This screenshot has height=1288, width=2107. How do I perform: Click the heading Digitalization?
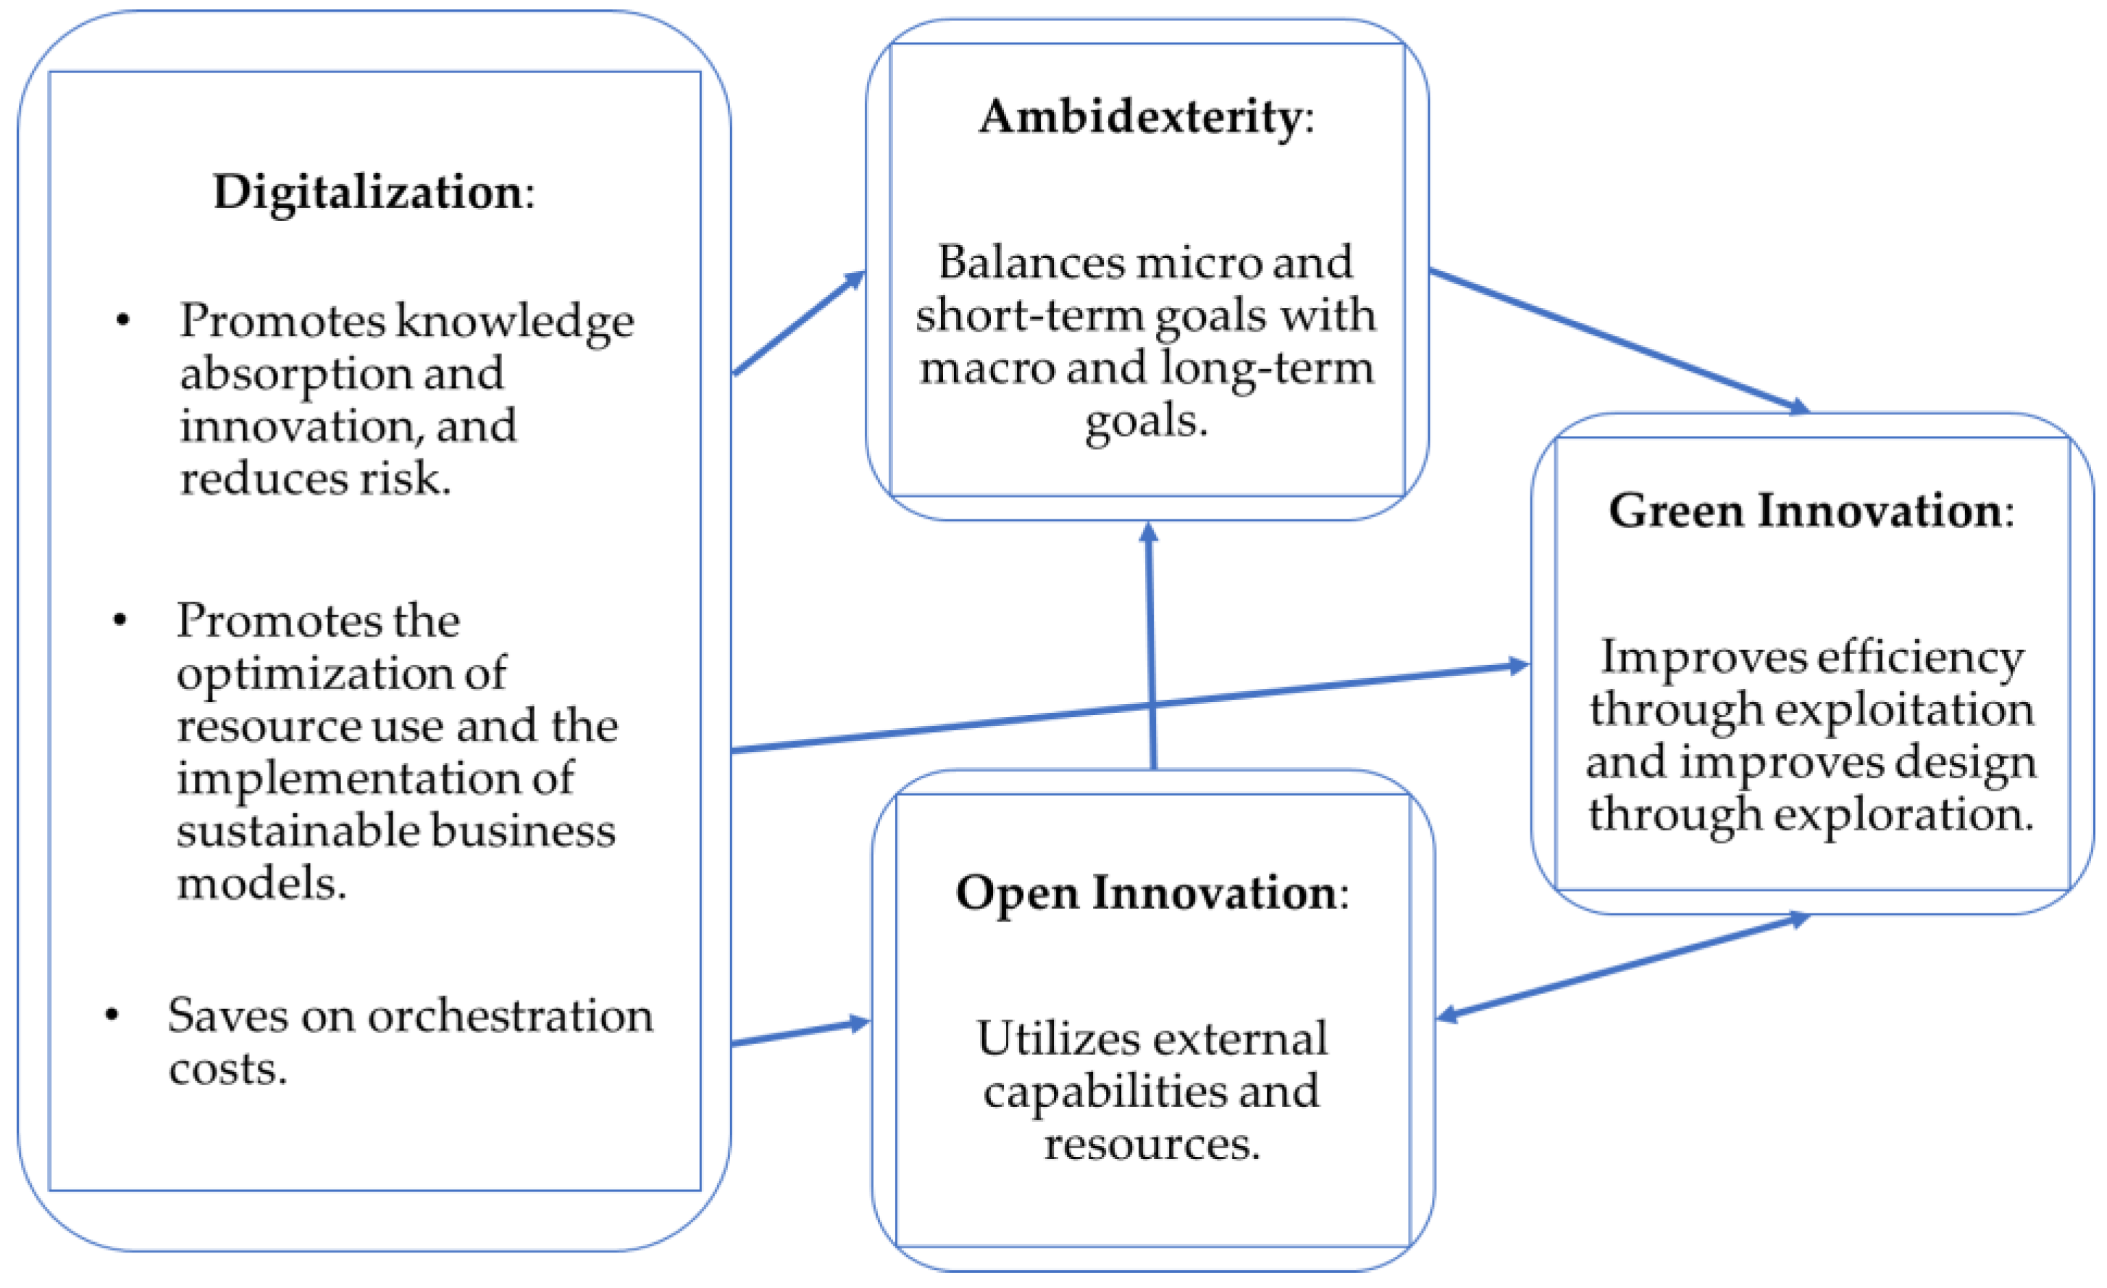(368, 191)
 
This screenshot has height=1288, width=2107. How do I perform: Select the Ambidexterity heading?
(1141, 117)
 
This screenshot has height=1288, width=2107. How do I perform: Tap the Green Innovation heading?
(1805, 511)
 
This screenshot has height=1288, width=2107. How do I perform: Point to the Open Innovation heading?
(1146, 893)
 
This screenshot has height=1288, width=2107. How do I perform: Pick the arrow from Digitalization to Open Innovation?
(800, 1032)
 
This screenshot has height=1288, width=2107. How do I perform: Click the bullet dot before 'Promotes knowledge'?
(123, 321)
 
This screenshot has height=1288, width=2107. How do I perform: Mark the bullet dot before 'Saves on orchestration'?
(111, 1015)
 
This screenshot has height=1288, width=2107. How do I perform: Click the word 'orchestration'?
(511, 1016)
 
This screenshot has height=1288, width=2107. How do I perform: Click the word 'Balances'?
(1031, 262)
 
